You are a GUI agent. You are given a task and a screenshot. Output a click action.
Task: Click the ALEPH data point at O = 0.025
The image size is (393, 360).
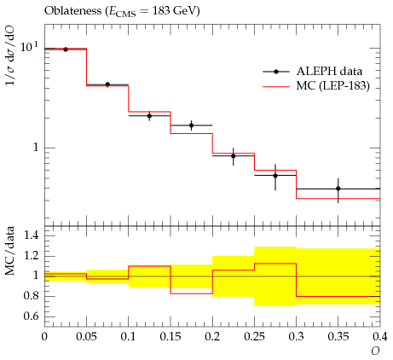66,49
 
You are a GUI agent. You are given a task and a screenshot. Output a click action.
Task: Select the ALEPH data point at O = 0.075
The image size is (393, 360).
107,84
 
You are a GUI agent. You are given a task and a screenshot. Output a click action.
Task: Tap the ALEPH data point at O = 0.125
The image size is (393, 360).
149,116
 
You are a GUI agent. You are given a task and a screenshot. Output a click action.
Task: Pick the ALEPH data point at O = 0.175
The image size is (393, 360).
191,125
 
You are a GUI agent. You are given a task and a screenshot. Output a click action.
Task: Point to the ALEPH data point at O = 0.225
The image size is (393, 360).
234,156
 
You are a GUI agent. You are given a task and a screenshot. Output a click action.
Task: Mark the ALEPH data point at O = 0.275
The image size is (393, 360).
275,176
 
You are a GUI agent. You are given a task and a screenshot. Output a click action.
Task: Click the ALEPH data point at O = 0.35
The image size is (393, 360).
338,189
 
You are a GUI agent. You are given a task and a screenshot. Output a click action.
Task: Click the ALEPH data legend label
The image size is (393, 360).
329,71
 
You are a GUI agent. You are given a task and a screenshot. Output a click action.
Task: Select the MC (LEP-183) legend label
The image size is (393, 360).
333,85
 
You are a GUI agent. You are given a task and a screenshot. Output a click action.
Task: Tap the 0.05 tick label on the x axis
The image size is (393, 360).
86,336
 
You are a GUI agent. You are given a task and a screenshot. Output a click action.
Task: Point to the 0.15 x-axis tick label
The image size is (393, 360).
170,336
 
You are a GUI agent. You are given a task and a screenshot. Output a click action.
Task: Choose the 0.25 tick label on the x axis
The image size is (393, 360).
254,336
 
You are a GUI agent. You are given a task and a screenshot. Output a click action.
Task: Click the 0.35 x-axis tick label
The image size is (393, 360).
338,336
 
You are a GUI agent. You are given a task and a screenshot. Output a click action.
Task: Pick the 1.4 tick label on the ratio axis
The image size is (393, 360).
32,235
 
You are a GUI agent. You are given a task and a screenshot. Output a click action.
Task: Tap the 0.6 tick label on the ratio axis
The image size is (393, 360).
32,316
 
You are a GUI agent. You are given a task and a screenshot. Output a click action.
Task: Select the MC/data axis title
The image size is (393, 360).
9,251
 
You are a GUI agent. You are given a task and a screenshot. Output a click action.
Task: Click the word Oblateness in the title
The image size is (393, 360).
73,11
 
